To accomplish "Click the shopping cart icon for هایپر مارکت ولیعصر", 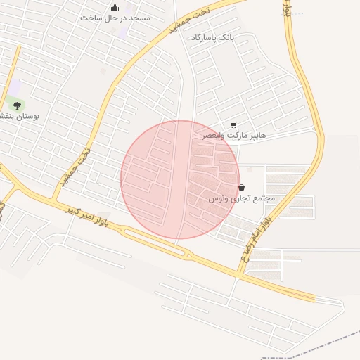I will (x=233, y=124).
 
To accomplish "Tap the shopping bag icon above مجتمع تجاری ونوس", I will (x=242, y=188).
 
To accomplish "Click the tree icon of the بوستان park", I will (x=17, y=105).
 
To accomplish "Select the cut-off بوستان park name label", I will (x=18, y=115).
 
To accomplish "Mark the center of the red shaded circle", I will (x=180, y=179).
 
